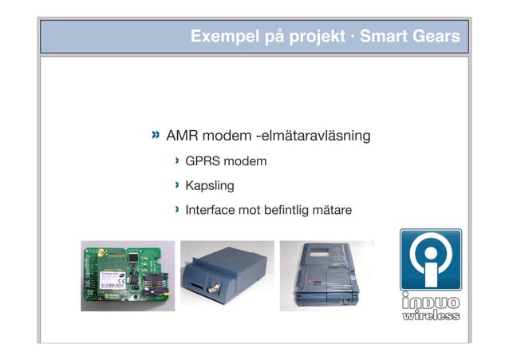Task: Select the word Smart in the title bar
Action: point(385,37)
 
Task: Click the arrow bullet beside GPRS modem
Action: point(178,162)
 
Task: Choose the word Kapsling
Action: point(210,187)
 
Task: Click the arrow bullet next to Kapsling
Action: point(178,186)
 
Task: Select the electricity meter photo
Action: point(326,275)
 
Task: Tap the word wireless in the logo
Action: point(430,316)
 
